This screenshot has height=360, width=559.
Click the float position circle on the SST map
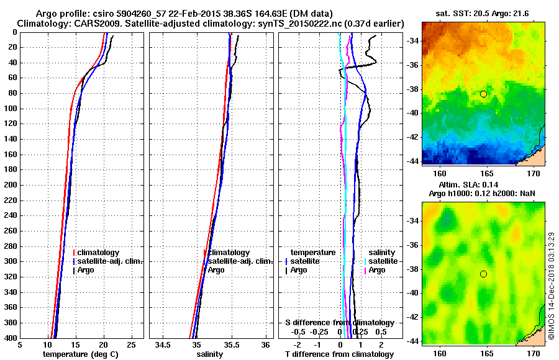(483, 94)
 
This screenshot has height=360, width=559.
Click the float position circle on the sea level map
(483, 274)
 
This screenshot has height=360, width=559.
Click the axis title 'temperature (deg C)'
(80, 354)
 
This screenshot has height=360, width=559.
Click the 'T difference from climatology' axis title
(340, 354)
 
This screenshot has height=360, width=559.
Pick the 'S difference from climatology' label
(340, 323)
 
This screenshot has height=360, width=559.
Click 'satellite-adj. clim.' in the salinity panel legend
(240, 261)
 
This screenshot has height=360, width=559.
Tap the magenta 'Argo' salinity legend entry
(377, 270)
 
